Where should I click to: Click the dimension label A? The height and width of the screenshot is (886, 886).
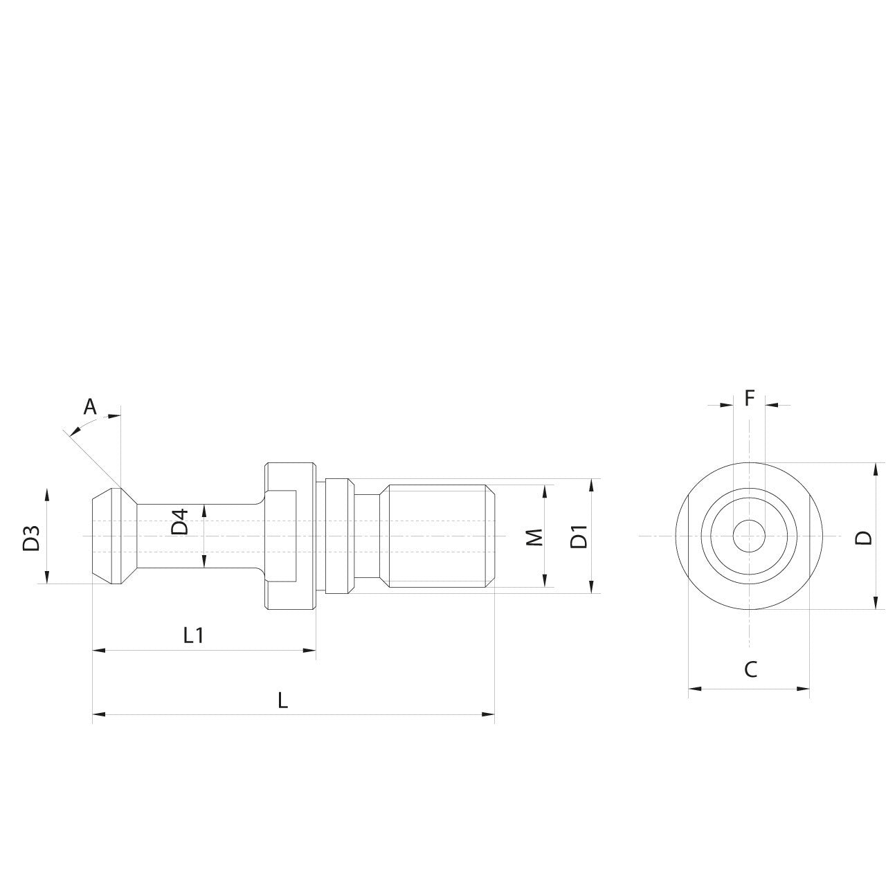[90, 406]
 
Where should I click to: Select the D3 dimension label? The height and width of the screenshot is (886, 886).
[31, 539]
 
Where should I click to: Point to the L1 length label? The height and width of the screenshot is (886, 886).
[193, 635]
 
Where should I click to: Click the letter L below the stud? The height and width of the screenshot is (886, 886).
[282, 700]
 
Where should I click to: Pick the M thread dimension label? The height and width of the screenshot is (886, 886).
[534, 537]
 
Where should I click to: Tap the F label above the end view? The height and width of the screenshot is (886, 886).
[749, 398]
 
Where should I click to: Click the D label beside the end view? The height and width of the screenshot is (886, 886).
[863, 537]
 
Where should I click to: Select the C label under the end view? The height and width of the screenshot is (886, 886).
[750, 669]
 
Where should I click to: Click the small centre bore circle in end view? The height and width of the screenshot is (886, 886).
[748, 536]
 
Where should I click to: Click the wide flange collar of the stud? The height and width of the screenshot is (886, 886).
[289, 536]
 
